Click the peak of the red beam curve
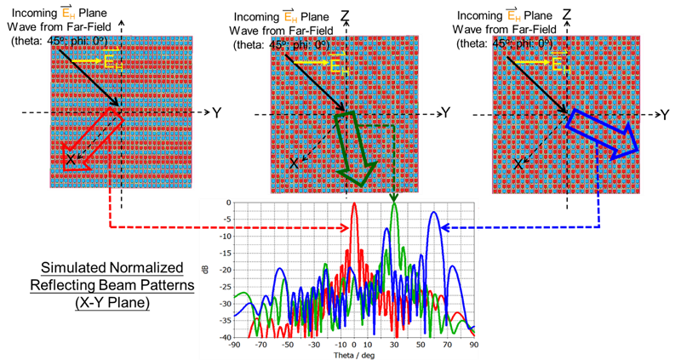tap(355, 205)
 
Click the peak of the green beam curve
tap(394, 203)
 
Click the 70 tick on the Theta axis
tap(448, 344)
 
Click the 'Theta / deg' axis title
tap(357, 353)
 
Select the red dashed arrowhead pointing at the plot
tap(344, 227)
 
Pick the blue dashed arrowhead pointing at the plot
tap(447, 226)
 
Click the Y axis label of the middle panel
tap(445, 112)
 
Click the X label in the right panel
tap(516, 160)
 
